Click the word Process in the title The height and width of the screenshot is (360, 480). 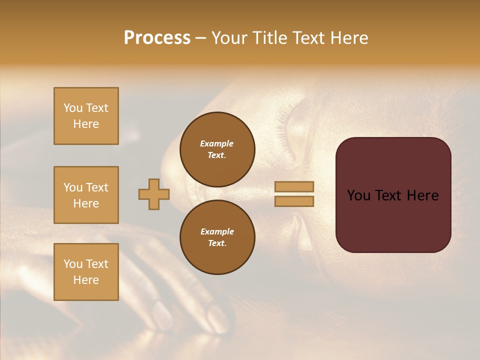pos(157,38)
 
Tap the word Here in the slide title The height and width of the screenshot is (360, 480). pos(347,38)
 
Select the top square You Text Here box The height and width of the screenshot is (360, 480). pos(86,116)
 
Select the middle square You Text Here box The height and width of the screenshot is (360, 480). pos(86,195)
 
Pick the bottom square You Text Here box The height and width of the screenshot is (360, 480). pos(86,272)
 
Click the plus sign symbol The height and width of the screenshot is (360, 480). pos(154,194)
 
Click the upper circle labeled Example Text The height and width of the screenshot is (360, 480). pos(217,149)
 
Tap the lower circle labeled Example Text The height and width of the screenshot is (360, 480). pos(217,237)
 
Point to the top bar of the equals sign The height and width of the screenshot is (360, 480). pos(294,186)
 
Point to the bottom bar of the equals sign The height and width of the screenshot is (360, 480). pos(294,201)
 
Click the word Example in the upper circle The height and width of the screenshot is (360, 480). pos(217,143)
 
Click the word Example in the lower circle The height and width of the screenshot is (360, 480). pos(217,231)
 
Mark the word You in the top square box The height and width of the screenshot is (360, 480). pos(72,108)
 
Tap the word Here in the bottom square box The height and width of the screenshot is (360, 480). pos(86,280)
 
